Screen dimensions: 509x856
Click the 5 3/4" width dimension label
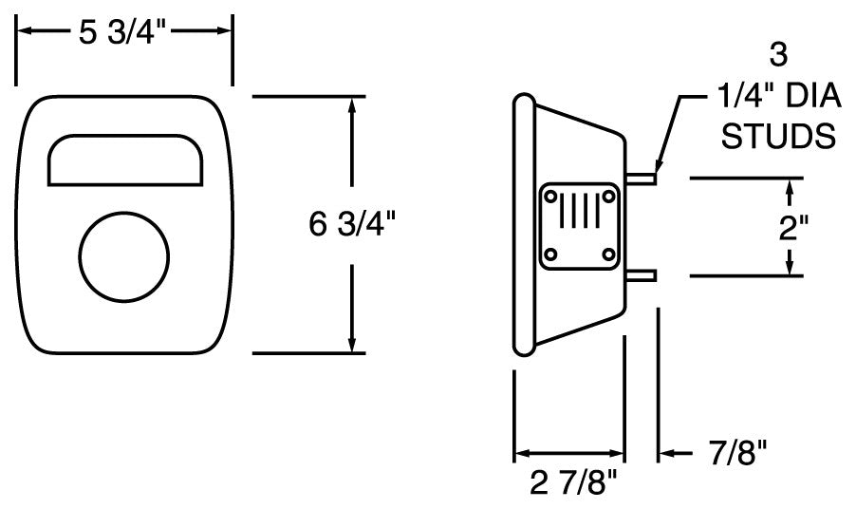(123, 32)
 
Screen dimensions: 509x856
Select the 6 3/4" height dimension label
(352, 225)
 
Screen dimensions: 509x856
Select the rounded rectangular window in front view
(124, 159)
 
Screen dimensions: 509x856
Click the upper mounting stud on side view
(642, 177)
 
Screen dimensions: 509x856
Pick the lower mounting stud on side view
(642, 275)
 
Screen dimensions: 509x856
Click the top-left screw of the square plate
(549, 197)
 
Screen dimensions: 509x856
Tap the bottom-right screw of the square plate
(606, 254)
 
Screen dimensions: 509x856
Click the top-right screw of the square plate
(606, 197)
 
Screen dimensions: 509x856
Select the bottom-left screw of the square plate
(549, 254)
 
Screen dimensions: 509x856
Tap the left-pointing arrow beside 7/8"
(665, 454)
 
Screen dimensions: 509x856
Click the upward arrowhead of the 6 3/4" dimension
(352, 104)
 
